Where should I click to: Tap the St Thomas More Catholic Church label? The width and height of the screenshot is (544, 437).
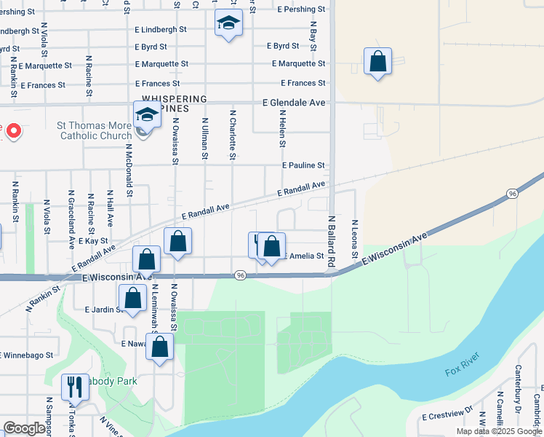coord(95,130)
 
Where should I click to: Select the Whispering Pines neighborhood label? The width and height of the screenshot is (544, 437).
coord(175,103)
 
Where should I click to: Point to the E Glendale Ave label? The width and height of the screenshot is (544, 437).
coord(294,103)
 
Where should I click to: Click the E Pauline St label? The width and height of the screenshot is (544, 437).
coord(304,166)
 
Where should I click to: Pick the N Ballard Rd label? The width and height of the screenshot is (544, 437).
coord(331,240)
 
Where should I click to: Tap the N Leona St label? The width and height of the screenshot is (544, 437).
coord(355,239)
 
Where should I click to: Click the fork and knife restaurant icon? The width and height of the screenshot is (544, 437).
coord(75,387)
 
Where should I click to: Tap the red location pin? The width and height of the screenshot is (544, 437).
coord(13,130)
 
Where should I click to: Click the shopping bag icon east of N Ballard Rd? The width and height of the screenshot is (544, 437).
coord(377,62)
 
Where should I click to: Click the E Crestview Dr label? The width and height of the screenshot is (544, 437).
coord(448,417)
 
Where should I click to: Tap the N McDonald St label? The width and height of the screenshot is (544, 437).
coord(129,169)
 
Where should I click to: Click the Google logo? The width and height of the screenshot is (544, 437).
coord(25,428)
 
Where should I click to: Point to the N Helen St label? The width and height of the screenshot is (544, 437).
coord(282,128)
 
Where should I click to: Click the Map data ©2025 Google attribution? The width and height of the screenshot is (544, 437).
coord(498,431)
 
